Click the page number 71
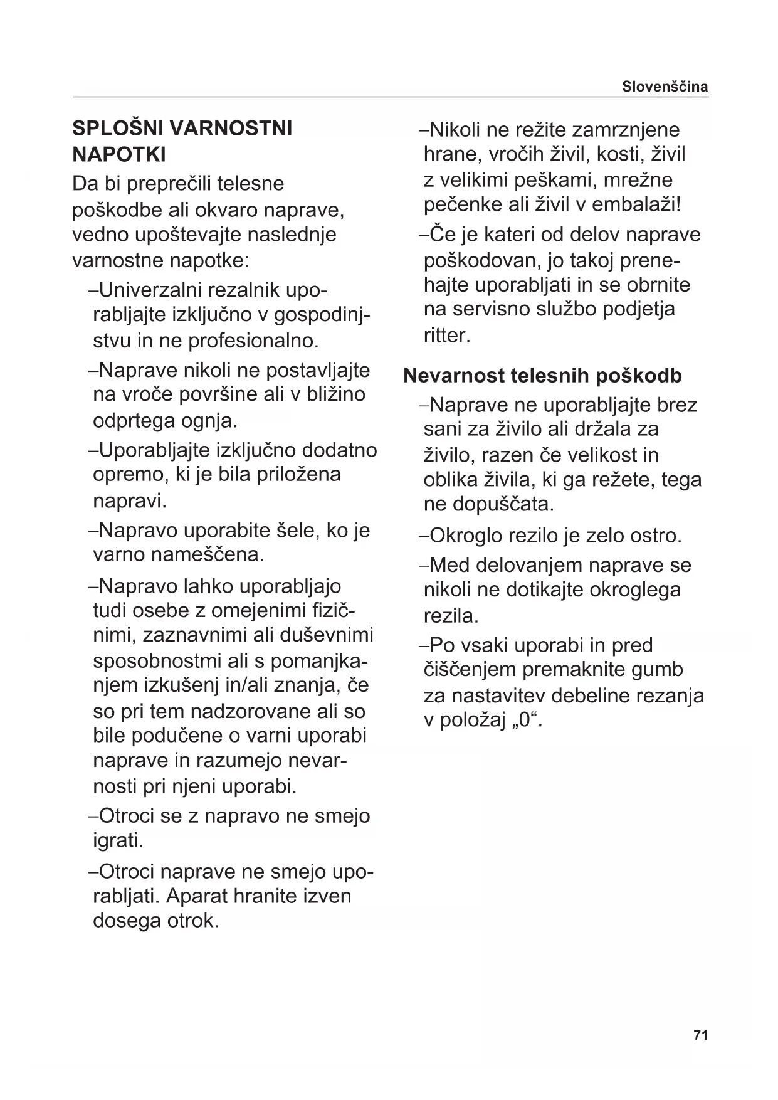click(701, 1035)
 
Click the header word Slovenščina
click(665, 87)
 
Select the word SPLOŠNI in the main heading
click(116, 129)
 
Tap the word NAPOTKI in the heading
click(119, 154)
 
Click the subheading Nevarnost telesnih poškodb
click(542, 376)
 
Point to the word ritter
click(446, 335)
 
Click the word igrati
click(118, 840)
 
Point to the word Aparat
click(196, 896)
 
